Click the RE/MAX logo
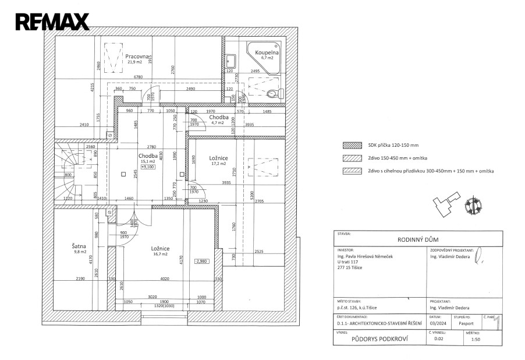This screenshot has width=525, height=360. point(52,22)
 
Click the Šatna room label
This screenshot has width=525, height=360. point(80,246)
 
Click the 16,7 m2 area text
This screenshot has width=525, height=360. point(159,255)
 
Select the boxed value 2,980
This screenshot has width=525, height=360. point(201,262)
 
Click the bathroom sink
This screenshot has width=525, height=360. point(230,60)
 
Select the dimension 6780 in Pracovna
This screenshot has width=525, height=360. point(138,77)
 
